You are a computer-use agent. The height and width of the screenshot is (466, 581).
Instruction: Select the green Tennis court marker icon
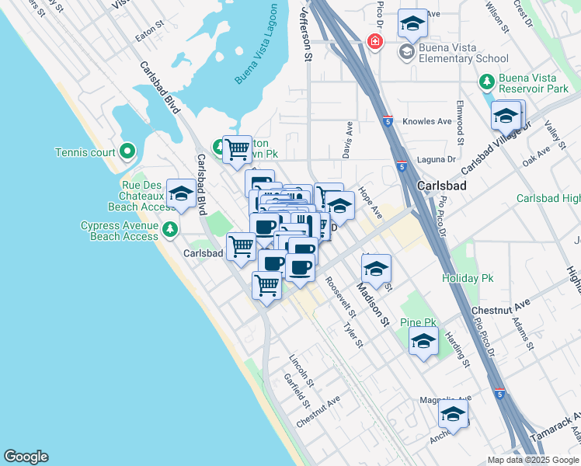(127, 151)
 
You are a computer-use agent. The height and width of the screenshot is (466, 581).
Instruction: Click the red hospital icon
(374, 40)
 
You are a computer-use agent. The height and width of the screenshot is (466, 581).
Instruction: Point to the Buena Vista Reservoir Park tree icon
(486, 80)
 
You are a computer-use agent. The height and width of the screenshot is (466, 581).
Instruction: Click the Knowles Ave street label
(427, 122)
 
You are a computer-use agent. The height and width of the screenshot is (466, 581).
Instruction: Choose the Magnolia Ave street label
(445, 399)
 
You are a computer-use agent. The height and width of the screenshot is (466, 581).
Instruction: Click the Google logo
(26, 457)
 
